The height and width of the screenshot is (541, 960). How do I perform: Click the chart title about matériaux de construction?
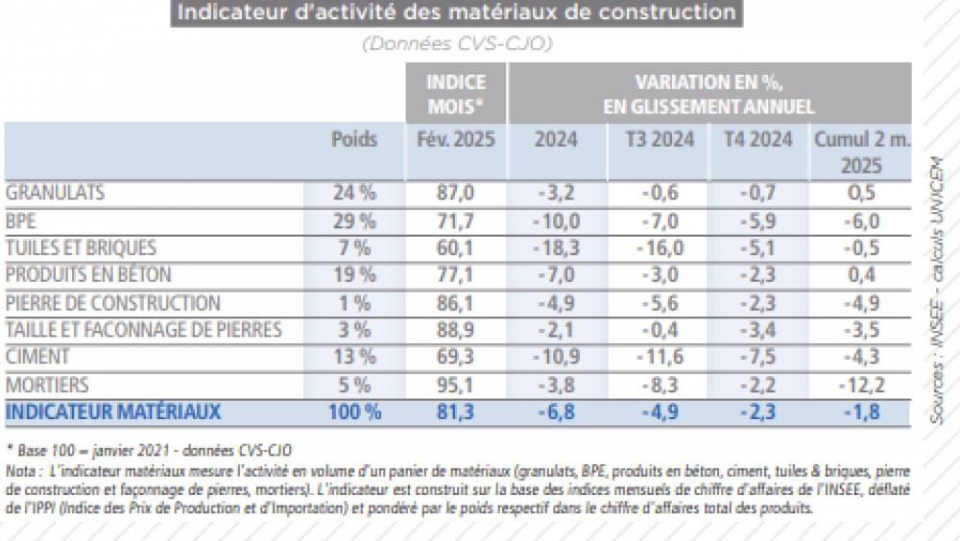pyautogui.click(x=456, y=12)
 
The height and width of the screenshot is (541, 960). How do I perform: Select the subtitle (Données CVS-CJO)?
pyautogui.click(x=456, y=44)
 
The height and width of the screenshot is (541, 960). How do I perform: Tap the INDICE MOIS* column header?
pyautogui.click(x=455, y=93)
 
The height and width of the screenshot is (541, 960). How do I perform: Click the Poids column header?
pyautogui.click(x=354, y=139)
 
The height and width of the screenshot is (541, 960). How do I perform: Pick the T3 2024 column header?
pyautogui.click(x=660, y=139)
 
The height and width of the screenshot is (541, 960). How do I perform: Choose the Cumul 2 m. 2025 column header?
pyautogui.click(x=861, y=152)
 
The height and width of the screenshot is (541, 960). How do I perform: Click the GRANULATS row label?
pyautogui.click(x=55, y=193)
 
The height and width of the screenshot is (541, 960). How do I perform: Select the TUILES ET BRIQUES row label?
pyautogui.click(x=81, y=248)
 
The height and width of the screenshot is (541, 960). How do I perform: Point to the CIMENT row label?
pyautogui.click(x=38, y=358)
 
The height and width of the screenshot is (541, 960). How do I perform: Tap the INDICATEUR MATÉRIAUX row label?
pyautogui.click(x=114, y=412)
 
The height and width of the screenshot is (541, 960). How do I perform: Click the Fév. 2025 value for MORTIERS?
pyautogui.click(x=455, y=386)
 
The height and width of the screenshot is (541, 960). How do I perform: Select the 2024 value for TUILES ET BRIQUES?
pyautogui.click(x=556, y=248)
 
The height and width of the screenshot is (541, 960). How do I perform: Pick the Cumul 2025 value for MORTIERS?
pyautogui.click(x=861, y=386)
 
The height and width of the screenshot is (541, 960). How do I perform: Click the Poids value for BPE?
pyautogui.click(x=353, y=221)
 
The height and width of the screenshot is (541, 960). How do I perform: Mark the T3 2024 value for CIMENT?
pyautogui.click(x=660, y=358)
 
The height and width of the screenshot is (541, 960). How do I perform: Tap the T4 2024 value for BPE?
pyautogui.click(x=758, y=221)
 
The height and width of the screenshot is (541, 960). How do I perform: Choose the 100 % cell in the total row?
pyautogui.click(x=352, y=412)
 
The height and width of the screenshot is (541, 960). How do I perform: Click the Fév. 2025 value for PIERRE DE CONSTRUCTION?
pyautogui.click(x=455, y=303)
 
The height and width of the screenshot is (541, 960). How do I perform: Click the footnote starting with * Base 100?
pyautogui.click(x=149, y=449)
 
